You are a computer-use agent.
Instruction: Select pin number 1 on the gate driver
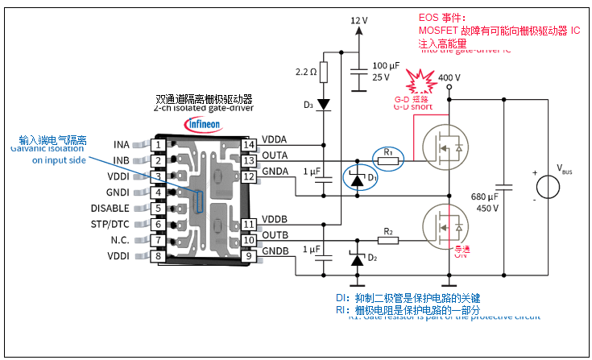point(159,145)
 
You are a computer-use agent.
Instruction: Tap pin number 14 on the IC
point(250,145)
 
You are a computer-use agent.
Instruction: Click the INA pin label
point(121,145)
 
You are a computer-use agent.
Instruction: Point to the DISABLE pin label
point(110,209)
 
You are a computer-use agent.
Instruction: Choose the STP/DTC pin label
point(110,225)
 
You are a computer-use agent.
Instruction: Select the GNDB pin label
point(276,251)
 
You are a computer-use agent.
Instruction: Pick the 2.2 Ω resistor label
point(305,72)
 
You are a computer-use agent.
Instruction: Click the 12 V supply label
point(359,19)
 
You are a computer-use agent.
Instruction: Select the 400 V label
point(449,78)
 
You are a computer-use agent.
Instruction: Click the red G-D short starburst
point(419,81)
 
